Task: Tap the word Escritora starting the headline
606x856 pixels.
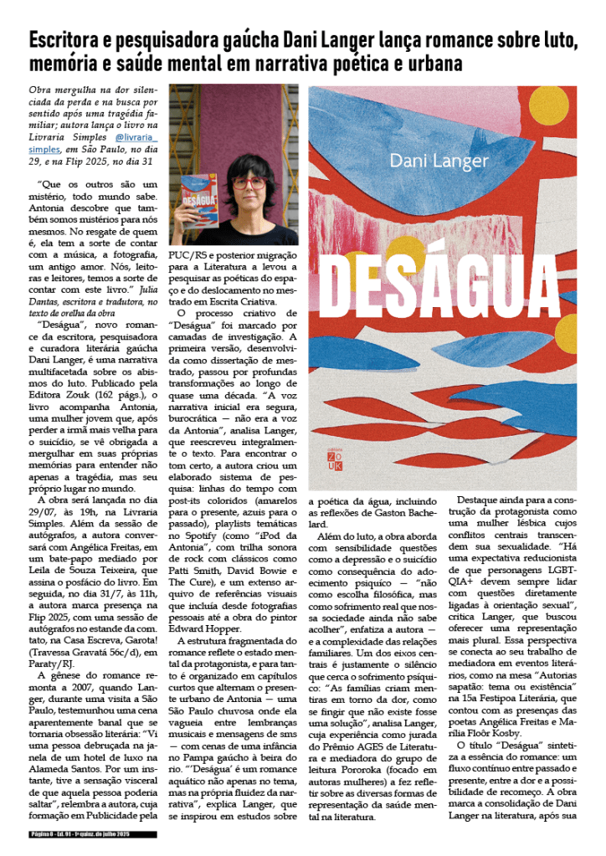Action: (66, 39)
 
